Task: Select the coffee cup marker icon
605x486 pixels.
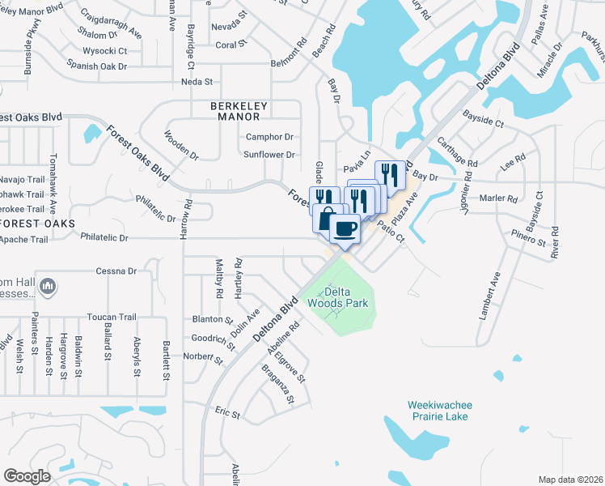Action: pyautogui.click(x=345, y=228)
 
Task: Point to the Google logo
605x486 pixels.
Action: pyautogui.click(x=27, y=476)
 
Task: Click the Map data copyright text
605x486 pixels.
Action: pyautogui.click(x=569, y=480)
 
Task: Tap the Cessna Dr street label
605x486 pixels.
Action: pyautogui.click(x=116, y=271)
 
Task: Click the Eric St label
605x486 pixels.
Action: pyautogui.click(x=227, y=413)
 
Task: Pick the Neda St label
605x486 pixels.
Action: pyautogui.click(x=197, y=82)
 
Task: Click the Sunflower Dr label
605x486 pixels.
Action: pyautogui.click(x=269, y=154)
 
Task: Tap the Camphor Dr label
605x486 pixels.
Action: pyautogui.click(x=269, y=137)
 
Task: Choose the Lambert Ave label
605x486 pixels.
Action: pyautogui.click(x=489, y=296)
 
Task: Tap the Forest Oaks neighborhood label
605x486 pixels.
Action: pyautogui.click(x=37, y=223)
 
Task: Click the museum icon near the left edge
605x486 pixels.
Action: pyautogui.click(x=48, y=285)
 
